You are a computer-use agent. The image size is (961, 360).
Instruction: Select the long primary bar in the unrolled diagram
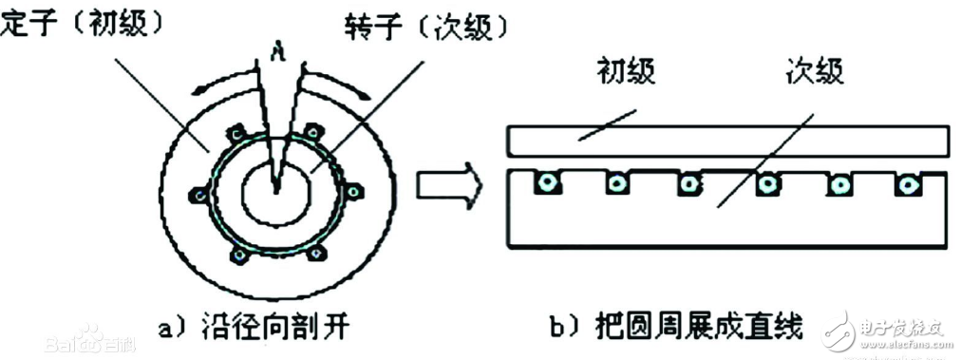(x=726, y=140)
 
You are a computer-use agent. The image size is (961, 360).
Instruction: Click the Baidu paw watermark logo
(x=90, y=335)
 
